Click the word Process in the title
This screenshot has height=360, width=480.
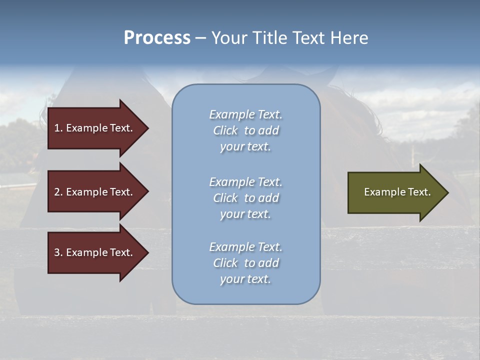pos(157,38)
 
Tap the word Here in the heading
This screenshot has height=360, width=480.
pos(348,38)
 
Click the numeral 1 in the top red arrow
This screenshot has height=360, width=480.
pos(57,128)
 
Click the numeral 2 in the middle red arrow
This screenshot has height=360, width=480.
pos(57,192)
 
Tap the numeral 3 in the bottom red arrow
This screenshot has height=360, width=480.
pos(57,252)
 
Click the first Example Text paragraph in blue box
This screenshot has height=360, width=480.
pos(245,130)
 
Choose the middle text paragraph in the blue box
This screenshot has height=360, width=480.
pos(245,198)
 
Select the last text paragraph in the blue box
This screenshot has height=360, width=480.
pos(245,263)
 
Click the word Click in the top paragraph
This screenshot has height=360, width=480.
pos(225,130)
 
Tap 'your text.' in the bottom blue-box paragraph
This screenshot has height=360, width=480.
pos(245,279)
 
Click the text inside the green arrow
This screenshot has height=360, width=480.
pos(397,192)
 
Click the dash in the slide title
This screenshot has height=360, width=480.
pos(200,38)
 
